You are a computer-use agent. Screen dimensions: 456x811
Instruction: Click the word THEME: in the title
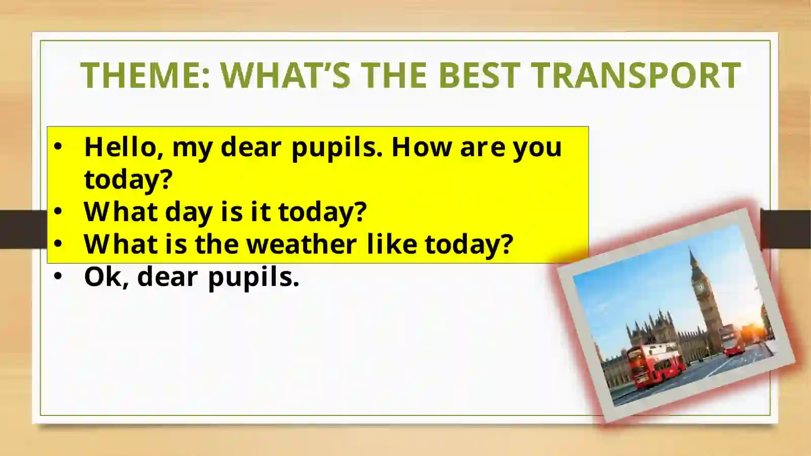point(145,76)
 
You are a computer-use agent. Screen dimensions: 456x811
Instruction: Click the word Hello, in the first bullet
point(124,147)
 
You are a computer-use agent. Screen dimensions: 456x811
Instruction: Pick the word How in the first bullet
point(422,147)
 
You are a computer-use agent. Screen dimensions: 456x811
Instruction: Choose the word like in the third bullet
point(391,244)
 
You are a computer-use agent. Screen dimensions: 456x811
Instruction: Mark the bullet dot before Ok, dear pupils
point(58,276)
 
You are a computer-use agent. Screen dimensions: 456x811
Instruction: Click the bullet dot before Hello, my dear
point(58,147)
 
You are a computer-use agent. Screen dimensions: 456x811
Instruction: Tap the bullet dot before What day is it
point(58,211)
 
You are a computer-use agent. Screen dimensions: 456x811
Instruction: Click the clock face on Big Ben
point(700,288)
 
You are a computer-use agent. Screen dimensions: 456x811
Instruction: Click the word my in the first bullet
point(192,148)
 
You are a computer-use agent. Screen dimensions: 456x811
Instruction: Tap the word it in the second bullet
point(261,212)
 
